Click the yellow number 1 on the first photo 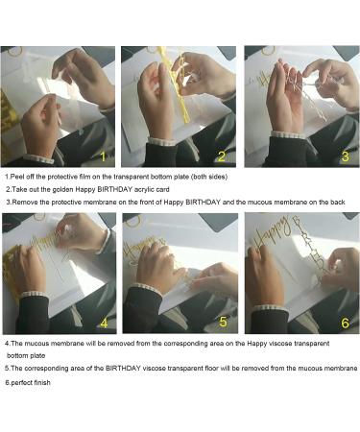click(x=103, y=156)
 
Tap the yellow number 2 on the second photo click(x=222, y=156)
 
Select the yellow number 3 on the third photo click(x=345, y=156)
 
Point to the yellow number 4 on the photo click(x=104, y=324)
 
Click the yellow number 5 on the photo click(x=223, y=322)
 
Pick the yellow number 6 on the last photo click(x=345, y=323)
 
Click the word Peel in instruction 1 click(x=16, y=177)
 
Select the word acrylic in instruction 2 click(x=144, y=189)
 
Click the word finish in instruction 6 click(x=41, y=382)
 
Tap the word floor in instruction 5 click(x=211, y=369)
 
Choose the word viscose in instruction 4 click(x=280, y=344)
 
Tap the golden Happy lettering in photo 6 click(x=273, y=233)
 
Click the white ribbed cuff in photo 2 click(x=161, y=141)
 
